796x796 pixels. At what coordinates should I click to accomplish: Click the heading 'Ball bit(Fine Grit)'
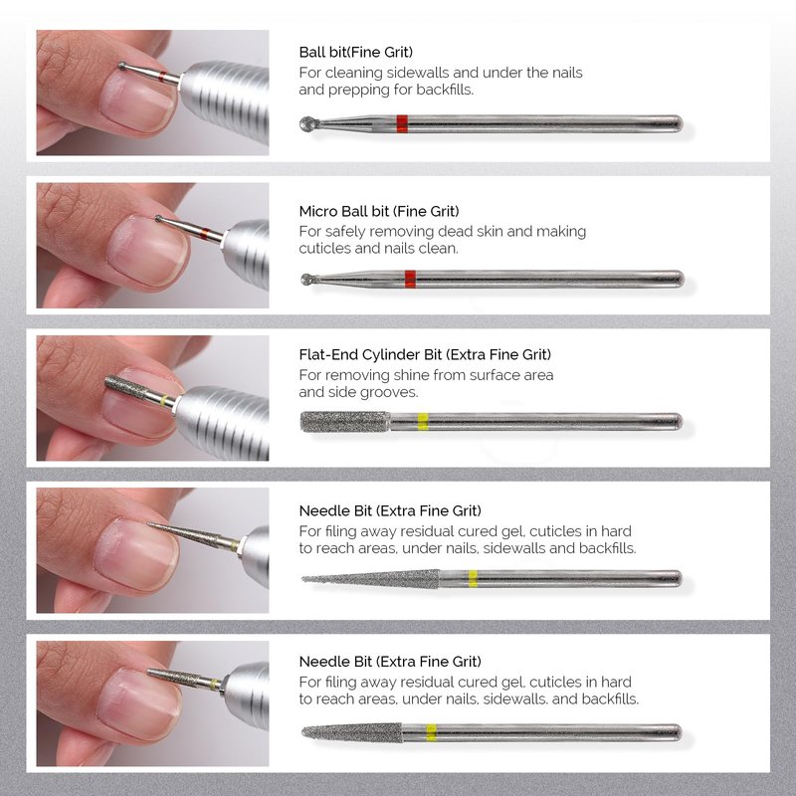click(x=356, y=52)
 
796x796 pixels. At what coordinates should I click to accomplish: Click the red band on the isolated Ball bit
click(x=402, y=123)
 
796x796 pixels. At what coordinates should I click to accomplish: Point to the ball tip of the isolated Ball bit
click(x=308, y=123)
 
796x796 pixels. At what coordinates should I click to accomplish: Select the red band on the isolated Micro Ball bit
click(x=410, y=280)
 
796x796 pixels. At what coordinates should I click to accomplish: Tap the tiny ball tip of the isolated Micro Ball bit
click(x=306, y=279)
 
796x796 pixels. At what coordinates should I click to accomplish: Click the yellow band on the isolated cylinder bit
click(x=423, y=422)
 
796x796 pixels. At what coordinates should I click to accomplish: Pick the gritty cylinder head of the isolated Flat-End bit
click(x=345, y=422)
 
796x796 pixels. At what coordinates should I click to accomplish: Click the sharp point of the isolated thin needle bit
click(x=302, y=578)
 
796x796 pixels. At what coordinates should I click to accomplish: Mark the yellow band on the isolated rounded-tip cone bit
click(x=431, y=732)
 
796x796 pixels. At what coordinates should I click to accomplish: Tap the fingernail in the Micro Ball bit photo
click(x=148, y=251)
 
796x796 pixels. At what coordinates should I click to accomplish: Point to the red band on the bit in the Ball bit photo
click(x=161, y=77)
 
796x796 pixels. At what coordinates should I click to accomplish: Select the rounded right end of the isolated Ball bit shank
click(x=679, y=123)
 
